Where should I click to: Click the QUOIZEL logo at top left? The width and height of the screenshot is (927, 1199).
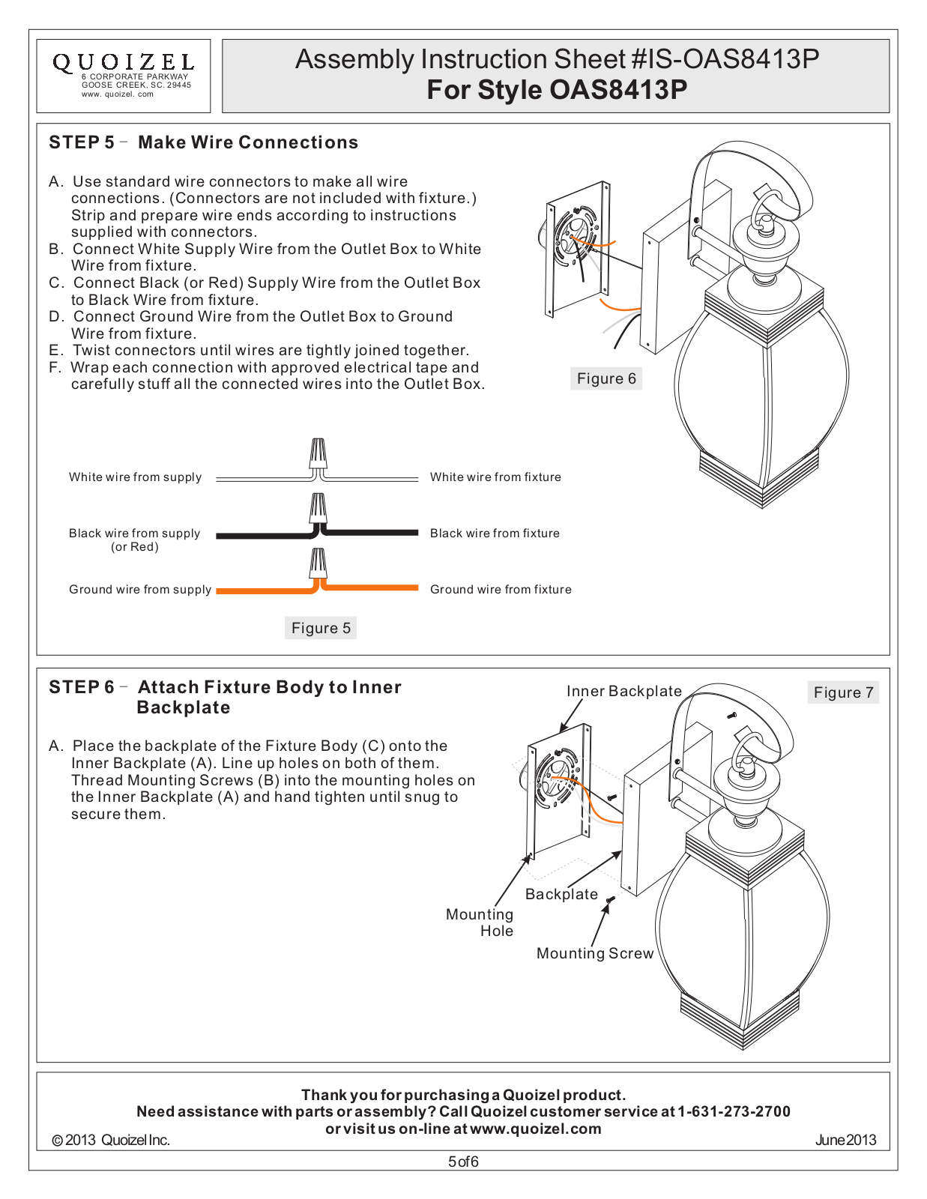(x=123, y=63)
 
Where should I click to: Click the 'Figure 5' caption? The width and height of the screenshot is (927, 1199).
(x=321, y=628)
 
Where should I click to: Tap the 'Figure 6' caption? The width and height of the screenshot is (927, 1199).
(x=606, y=378)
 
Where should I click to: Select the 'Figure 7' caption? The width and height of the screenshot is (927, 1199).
(x=843, y=692)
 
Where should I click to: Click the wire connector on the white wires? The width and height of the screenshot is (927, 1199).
(x=318, y=455)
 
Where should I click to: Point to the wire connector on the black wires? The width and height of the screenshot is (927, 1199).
(x=318, y=509)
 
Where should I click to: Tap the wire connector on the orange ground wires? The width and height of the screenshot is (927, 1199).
(x=318, y=564)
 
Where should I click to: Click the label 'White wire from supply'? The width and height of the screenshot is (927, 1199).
(x=135, y=477)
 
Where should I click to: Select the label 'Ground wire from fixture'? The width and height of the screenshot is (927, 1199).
(x=501, y=590)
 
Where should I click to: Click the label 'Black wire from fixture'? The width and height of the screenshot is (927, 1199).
(x=495, y=534)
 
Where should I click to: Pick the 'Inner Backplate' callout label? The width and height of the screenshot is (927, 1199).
(x=623, y=691)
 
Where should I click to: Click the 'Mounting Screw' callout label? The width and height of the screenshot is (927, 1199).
(x=595, y=953)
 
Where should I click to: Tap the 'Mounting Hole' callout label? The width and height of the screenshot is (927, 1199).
(x=480, y=922)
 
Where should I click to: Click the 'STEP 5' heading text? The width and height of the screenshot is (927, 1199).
(x=81, y=142)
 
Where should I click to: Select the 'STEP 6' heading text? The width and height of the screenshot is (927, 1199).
(x=81, y=687)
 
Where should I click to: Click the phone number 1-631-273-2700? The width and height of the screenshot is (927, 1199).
(x=734, y=1111)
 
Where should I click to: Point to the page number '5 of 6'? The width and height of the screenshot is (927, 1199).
(x=463, y=1162)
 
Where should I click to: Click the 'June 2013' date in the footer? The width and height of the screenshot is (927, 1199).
(x=845, y=1140)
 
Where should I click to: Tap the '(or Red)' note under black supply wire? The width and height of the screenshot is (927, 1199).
(x=135, y=547)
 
